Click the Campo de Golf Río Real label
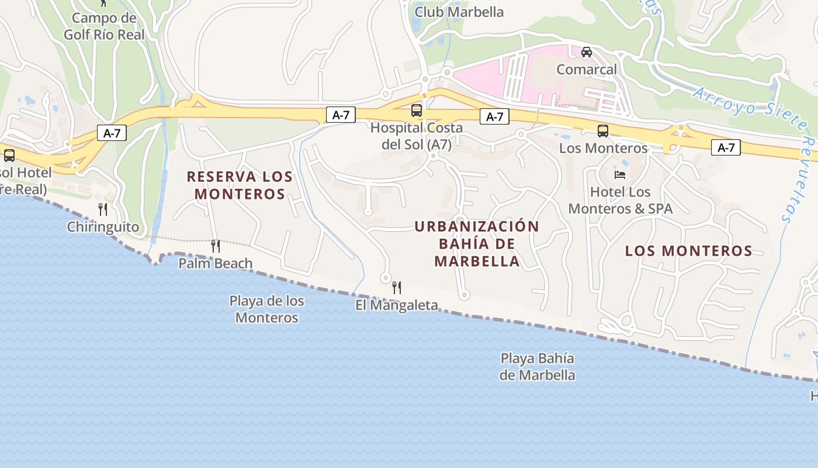103,26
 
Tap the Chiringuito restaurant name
103,227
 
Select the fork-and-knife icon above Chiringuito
103,209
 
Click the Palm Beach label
216,263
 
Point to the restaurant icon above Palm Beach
216,246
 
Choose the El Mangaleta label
397,305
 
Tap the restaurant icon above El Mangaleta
397,288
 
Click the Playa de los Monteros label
267,309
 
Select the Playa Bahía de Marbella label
538,366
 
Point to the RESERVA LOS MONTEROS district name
240,185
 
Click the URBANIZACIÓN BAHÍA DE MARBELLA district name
477,243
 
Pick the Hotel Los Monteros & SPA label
621,200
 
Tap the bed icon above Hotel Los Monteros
620,175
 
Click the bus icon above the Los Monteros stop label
603,131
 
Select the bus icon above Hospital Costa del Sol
417,110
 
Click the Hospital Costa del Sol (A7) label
417,136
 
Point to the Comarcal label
587,70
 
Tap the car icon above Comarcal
587,52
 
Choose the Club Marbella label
459,12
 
